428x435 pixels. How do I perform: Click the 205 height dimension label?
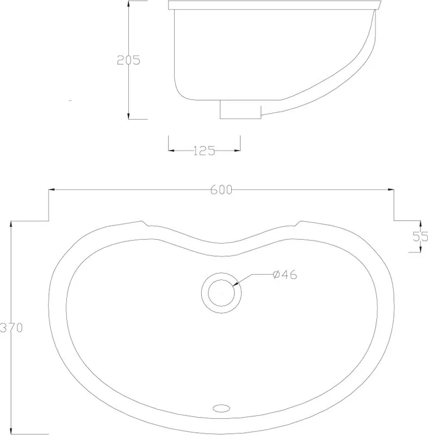pos(128,60)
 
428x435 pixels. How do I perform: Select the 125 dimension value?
pos(204,151)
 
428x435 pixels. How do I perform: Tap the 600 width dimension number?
pos(221,190)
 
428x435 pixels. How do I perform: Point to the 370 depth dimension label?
pos(11,328)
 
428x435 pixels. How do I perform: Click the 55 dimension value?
pos(420,237)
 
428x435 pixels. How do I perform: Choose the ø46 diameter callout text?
pos(285,275)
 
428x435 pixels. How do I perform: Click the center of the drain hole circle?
pos(221,293)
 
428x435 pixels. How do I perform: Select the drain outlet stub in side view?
pos(240,109)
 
